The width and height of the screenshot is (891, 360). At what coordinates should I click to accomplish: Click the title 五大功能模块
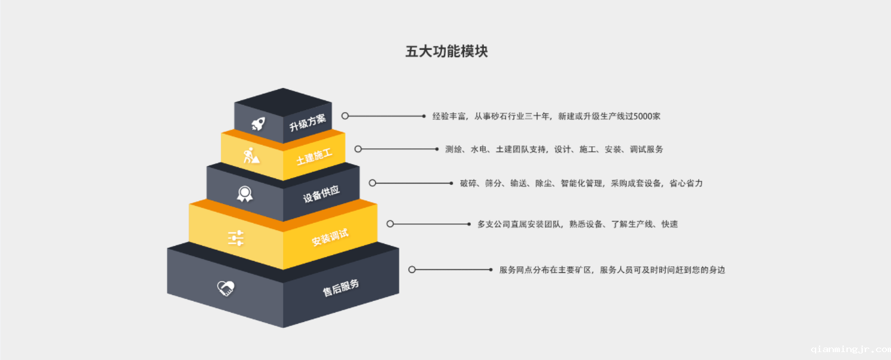(446, 51)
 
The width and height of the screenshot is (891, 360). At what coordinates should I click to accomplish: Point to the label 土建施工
(314, 156)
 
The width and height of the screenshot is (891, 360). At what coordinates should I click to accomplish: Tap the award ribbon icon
(245, 193)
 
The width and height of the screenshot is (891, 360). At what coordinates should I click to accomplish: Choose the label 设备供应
(321, 194)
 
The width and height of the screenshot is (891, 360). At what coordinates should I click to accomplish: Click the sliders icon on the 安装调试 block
(235, 237)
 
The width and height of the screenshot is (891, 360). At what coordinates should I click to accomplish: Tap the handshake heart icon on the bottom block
(226, 288)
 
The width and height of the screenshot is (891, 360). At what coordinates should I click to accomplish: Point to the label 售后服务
(341, 287)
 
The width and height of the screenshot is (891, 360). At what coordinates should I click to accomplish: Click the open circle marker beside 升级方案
(345, 116)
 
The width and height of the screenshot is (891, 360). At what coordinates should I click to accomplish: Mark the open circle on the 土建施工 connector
(358, 149)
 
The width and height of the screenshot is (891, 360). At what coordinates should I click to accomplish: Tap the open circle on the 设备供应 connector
(372, 183)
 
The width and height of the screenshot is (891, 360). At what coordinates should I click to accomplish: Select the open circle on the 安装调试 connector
(390, 224)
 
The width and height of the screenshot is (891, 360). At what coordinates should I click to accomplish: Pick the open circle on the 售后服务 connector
(412, 270)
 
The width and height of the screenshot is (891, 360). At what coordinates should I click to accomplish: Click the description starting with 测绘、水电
(554, 150)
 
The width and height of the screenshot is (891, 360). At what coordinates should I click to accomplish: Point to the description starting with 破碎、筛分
(581, 184)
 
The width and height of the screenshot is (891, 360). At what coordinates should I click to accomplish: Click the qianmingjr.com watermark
(850, 349)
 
